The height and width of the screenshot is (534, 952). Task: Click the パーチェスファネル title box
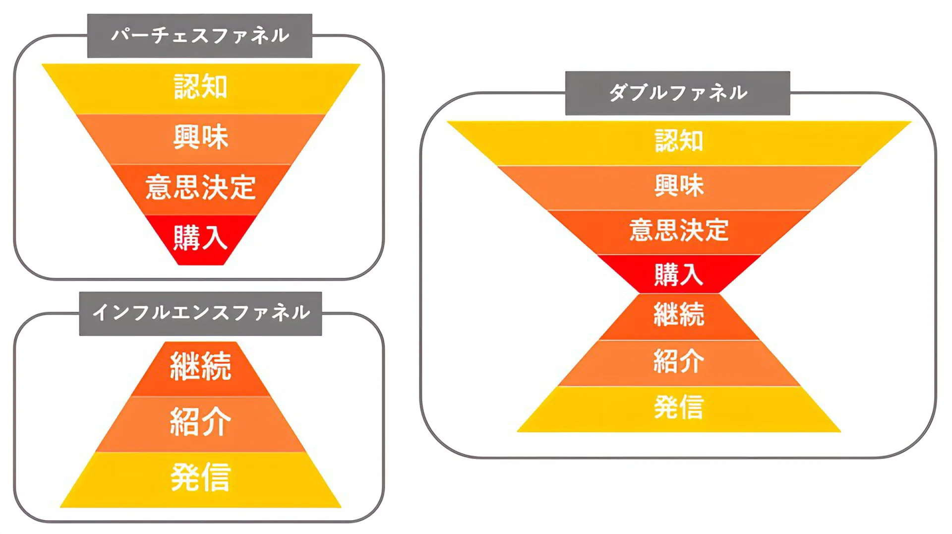[199, 36]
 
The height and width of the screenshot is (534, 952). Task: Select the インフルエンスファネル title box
[200, 313]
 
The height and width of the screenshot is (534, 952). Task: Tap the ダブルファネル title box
[677, 93]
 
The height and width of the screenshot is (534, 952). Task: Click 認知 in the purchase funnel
[200, 87]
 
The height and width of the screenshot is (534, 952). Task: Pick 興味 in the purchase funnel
[200, 137]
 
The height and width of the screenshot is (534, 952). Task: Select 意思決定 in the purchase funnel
[200, 188]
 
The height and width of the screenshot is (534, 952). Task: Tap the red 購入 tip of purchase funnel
[200, 238]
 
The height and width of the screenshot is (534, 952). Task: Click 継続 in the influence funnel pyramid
[200, 366]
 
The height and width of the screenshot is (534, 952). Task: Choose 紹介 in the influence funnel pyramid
[200, 422]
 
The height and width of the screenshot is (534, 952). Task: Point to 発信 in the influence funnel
[200, 477]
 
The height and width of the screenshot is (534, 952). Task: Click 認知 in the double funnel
[679, 141]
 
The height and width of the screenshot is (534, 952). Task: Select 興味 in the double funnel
[679, 186]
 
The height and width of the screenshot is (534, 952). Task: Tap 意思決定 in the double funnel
[679, 231]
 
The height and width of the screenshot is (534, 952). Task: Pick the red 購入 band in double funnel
[679, 274]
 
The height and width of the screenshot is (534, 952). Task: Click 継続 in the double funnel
[679, 315]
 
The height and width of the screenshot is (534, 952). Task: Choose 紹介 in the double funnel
[679, 361]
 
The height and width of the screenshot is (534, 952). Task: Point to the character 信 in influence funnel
[216, 477]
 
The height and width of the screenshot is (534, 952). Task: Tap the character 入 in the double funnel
[692, 274]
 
